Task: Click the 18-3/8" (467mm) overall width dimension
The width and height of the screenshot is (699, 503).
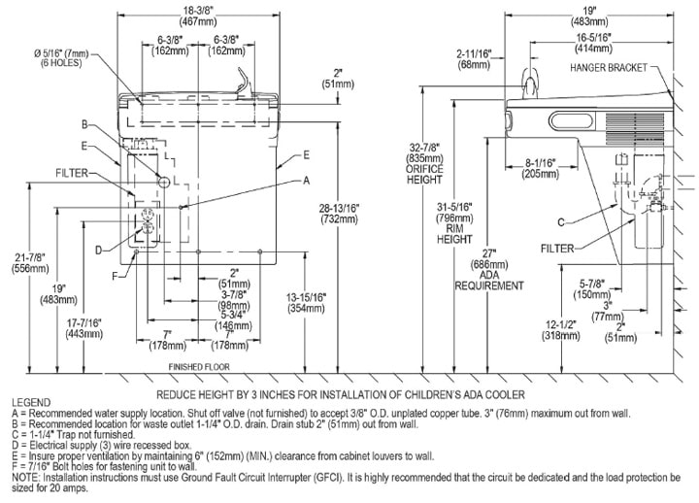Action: coord(198,16)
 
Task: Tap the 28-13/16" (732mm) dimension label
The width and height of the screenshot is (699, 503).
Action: coord(339,214)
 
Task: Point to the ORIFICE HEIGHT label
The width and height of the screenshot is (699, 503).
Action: coord(424,175)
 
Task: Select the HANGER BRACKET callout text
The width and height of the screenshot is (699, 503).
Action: coord(609,68)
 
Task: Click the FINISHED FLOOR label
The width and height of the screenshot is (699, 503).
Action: coord(199,367)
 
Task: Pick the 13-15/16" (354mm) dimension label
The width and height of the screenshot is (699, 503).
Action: coord(306,302)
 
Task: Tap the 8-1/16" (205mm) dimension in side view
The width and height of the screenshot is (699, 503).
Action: coord(540,168)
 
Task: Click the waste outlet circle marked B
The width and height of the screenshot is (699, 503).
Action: coord(164,182)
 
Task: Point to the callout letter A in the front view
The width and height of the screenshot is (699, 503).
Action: coord(306,181)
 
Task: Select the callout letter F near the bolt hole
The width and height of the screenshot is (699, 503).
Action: coord(115,277)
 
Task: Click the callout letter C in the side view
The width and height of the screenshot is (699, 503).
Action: coord(561,222)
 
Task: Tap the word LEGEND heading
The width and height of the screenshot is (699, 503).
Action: coord(31,402)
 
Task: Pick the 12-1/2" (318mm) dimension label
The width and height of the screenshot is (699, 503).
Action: coord(561,330)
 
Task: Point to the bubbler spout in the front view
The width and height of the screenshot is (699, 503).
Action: coord(245,82)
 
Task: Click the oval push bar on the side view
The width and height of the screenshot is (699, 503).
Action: coord(573,120)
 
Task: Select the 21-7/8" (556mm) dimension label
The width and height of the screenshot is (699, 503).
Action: coord(30,262)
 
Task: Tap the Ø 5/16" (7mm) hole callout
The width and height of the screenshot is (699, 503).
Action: coord(61,58)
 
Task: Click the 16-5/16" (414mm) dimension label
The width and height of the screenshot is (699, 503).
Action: coord(593,43)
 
